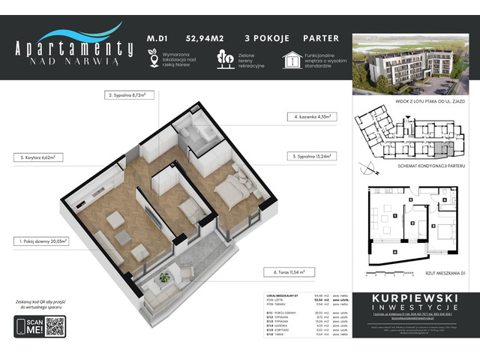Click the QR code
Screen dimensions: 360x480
click(x=55, y=326)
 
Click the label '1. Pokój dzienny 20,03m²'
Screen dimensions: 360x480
click(x=43, y=241)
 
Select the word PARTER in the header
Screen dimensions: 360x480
click(x=321, y=38)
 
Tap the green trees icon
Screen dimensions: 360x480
click(x=223, y=58)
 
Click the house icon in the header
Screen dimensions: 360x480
click(x=292, y=58)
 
